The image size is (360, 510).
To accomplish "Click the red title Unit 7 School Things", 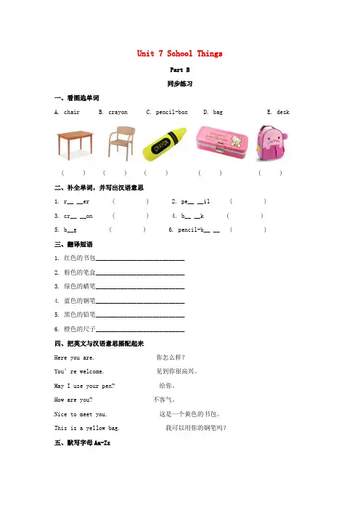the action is pyautogui.click(x=179, y=54).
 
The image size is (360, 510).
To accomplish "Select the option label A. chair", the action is pyautogui.click(x=67, y=113).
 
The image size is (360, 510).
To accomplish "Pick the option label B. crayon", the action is pyautogui.click(x=112, y=113).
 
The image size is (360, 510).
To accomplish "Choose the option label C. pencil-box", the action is pyautogui.click(x=166, y=113).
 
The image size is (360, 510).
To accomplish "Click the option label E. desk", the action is pyautogui.click(x=278, y=113).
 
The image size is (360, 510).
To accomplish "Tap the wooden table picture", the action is pyautogui.click(x=75, y=142).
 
